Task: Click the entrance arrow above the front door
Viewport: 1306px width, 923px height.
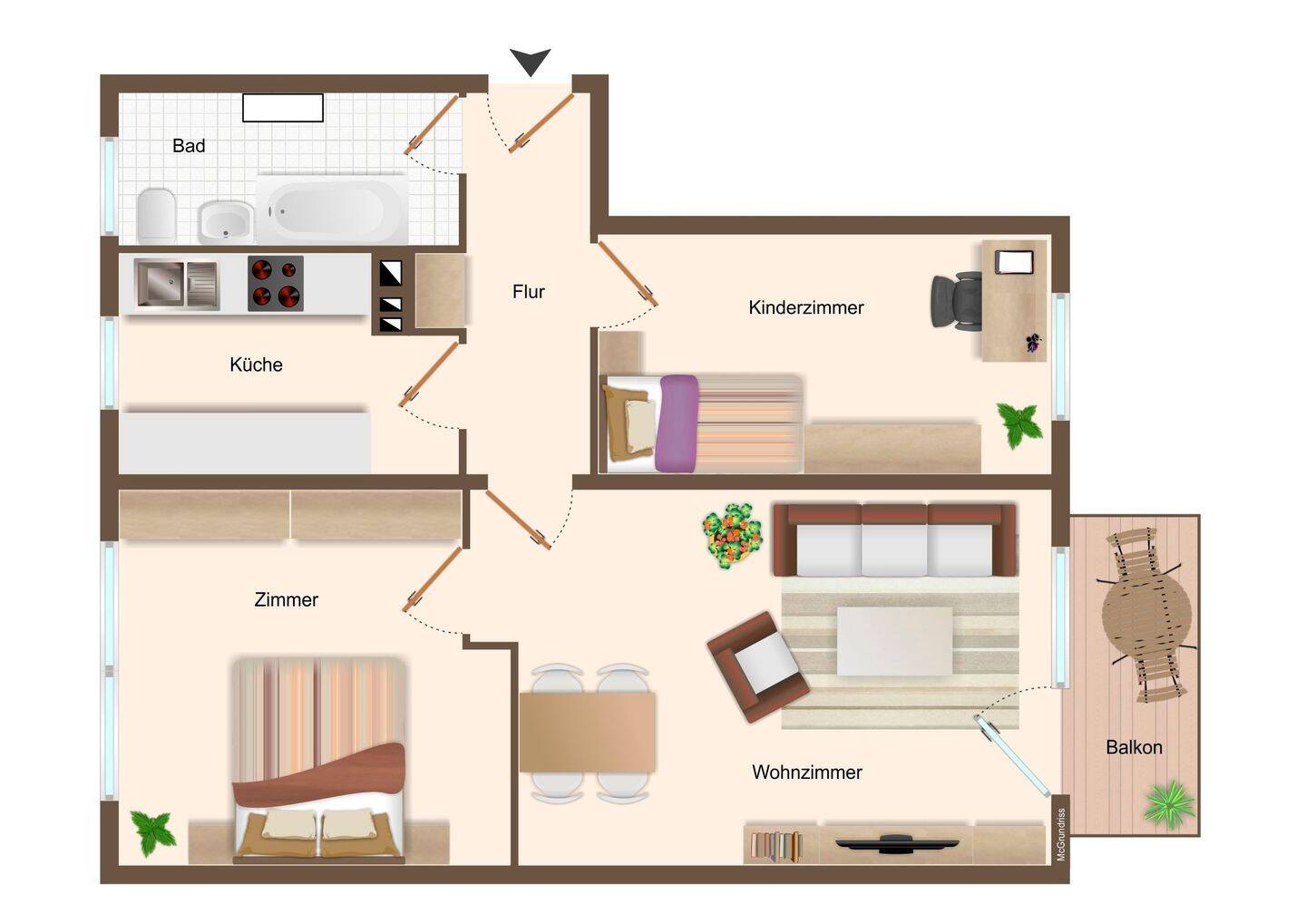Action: click(530, 61)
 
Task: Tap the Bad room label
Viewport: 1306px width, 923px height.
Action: click(189, 146)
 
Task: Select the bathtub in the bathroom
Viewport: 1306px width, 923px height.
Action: click(332, 209)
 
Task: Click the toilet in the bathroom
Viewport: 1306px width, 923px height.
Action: click(157, 215)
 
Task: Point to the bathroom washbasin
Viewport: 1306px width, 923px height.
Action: click(226, 222)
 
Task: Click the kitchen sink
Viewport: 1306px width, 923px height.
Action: click(177, 284)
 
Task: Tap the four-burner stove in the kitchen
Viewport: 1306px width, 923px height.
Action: click(275, 283)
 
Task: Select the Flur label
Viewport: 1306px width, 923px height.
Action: click(528, 291)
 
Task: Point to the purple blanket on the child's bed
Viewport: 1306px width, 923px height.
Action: click(677, 423)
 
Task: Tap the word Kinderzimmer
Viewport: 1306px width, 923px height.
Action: click(805, 307)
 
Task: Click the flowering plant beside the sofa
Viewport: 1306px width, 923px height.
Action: click(732, 536)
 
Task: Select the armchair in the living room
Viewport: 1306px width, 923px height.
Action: click(758, 666)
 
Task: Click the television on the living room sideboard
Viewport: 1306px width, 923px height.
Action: click(897, 843)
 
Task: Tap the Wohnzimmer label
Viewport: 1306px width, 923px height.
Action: click(806, 772)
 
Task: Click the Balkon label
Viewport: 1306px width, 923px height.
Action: click(1134, 747)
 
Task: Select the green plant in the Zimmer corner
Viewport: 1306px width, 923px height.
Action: click(152, 832)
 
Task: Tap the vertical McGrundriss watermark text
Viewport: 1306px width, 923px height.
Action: click(1060, 834)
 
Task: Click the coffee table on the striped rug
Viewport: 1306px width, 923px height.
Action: click(894, 641)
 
